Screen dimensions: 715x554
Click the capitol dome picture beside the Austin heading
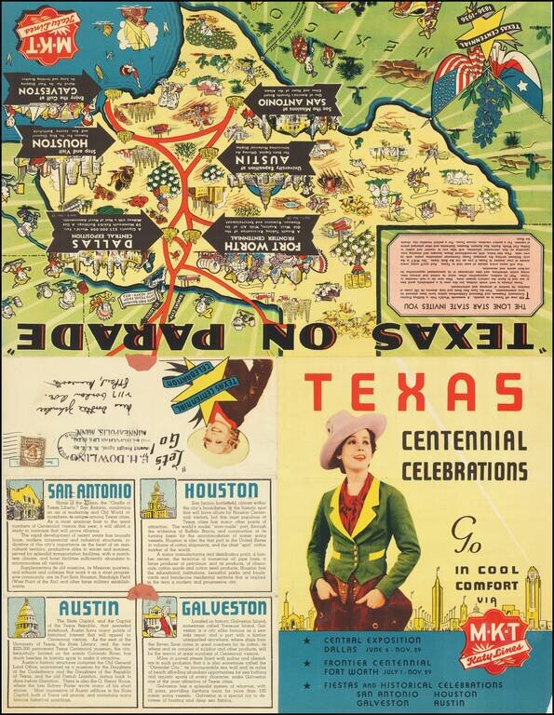23,617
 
